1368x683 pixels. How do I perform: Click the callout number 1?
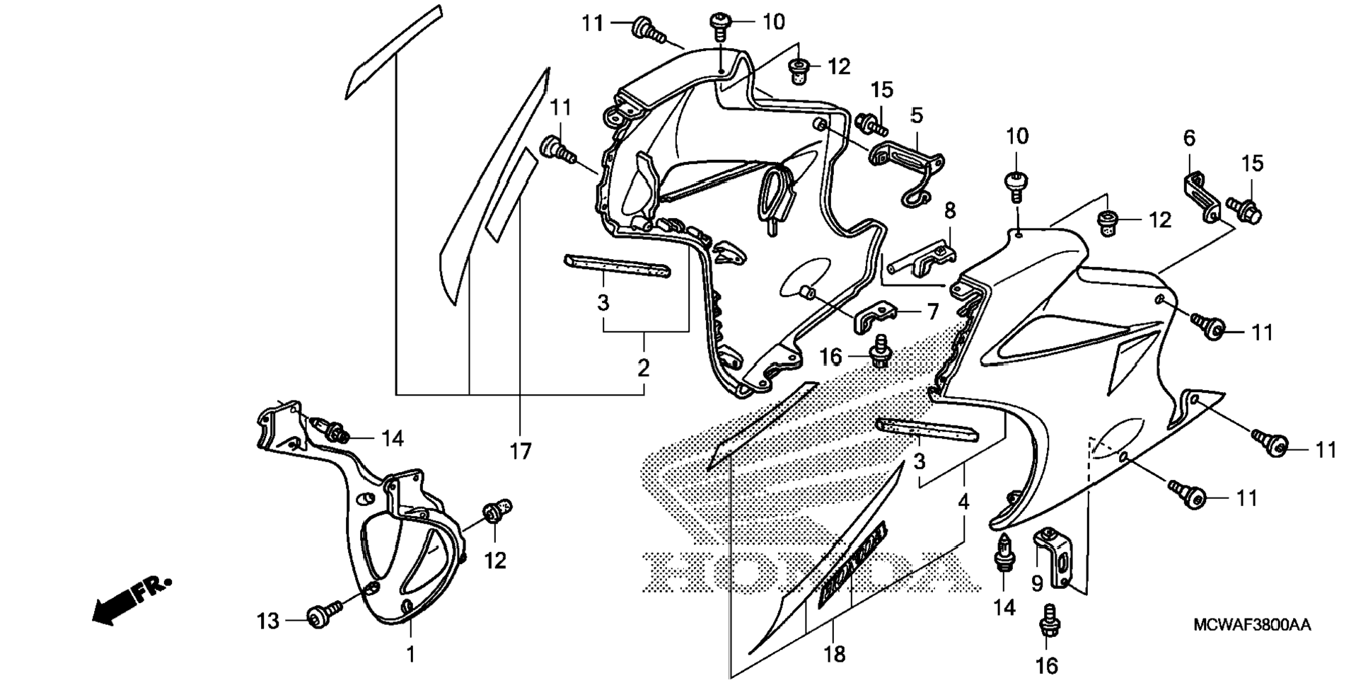410,654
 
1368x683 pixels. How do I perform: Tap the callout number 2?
643,368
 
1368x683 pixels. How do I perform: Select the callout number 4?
963,502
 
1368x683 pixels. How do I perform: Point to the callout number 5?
917,115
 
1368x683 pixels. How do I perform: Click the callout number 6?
1189,139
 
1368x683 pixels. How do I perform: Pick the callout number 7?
932,311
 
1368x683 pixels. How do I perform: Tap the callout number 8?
950,210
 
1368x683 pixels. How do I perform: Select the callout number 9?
1037,583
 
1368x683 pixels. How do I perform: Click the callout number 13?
268,621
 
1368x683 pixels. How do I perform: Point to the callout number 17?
521,451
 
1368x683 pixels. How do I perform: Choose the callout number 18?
835,655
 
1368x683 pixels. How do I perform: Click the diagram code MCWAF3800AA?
1251,625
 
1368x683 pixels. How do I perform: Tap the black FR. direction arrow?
131,601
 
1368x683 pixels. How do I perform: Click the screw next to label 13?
320,615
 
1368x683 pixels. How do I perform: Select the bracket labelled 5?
908,170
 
